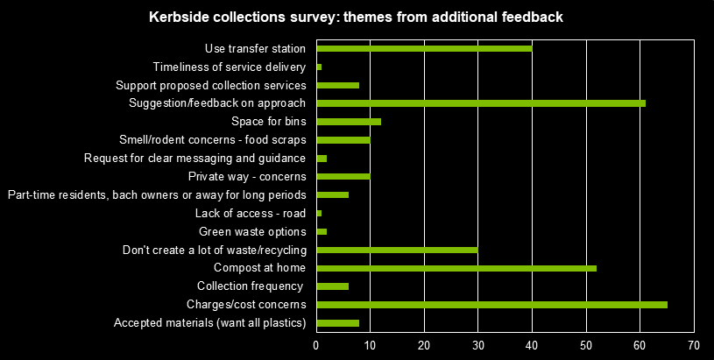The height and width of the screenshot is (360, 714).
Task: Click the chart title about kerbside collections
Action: (x=357, y=18)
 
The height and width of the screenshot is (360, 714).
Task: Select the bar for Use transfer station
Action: (x=424, y=48)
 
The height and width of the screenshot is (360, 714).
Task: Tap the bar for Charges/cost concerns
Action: (x=491, y=305)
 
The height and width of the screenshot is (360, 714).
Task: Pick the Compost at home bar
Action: (x=456, y=268)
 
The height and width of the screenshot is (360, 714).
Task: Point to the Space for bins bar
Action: (x=349, y=122)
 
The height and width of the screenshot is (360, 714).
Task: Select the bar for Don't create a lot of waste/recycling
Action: (x=397, y=250)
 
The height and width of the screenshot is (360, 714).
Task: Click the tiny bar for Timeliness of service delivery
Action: (x=319, y=67)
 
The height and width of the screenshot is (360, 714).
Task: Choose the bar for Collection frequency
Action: (x=332, y=286)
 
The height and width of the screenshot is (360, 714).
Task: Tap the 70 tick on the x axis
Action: (x=694, y=344)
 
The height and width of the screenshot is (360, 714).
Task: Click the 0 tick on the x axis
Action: (x=316, y=344)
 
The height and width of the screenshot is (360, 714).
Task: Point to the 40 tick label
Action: (x=532, y=344)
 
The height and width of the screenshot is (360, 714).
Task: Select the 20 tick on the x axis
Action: (x=424, y=344)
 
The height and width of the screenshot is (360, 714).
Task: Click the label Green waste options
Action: (x=252, y=231)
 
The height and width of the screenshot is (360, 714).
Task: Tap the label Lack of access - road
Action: (x=250, y=213)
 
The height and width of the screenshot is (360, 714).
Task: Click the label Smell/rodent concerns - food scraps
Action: (x=212, y=140)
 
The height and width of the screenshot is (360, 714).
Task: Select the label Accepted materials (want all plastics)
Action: (x=210, y=323)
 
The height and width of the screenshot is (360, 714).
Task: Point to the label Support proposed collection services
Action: (x=211, y=85)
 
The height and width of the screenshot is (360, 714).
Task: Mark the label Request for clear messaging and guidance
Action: (x=194, y=158)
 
